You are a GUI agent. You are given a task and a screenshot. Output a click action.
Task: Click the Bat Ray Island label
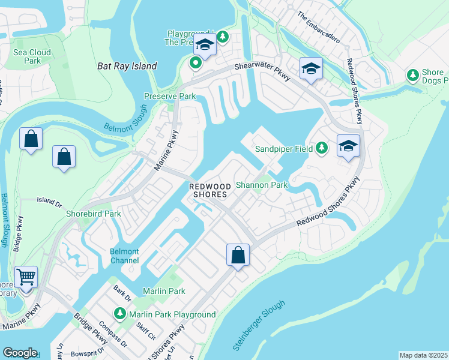tap(127, 66)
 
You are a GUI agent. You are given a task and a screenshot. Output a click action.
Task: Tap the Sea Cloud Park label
tap(32, 56)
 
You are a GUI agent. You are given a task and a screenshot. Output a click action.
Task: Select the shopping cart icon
tap(26, 277)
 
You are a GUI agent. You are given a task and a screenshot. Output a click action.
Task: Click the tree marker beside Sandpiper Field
tap(322, 147)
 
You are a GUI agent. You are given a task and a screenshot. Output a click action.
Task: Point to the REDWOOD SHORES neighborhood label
tap(209, 190)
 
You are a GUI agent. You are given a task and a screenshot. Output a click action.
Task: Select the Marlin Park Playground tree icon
tap(120, 314)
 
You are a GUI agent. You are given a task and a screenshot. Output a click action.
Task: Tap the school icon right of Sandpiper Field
tap(348, 146)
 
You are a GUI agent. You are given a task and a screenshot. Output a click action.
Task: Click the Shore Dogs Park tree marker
tap(413, 75)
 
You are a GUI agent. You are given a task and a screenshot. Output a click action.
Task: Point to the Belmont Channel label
tap(125, 256)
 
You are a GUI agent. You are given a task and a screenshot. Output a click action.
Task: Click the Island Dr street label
tap(49, 200)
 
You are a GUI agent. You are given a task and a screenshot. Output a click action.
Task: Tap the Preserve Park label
tap(170, 96)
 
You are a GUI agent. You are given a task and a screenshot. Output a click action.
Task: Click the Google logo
tap(20, 353)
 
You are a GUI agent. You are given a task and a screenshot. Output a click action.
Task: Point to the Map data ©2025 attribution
tap(423, 355)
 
